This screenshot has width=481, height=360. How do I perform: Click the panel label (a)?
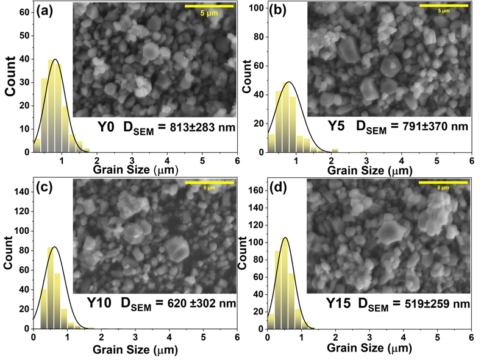point(47,10)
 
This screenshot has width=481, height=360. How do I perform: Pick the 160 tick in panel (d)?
point(255,191)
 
